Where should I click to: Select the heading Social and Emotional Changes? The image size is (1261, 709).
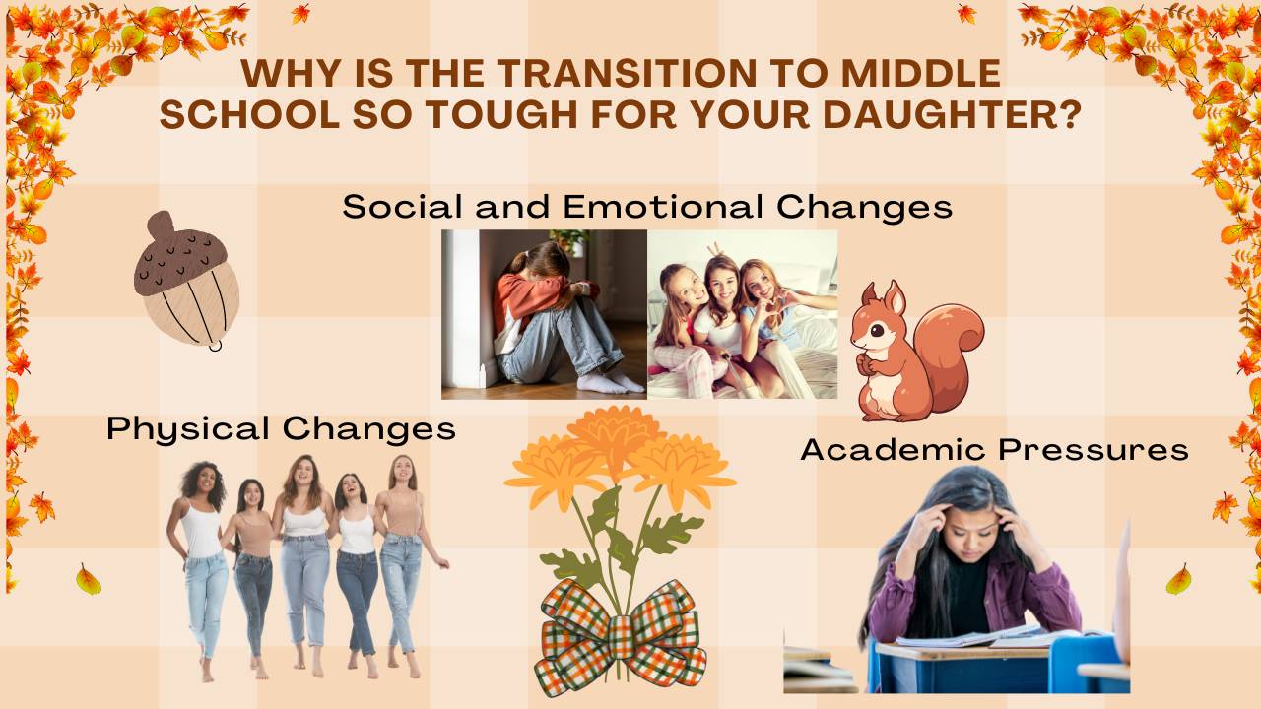(x=647, y=207)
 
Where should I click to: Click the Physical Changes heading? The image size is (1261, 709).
(x=281, y=428)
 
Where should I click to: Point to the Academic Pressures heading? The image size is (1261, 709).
(x=994, y=449)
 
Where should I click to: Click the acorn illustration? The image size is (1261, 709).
(x=186, y=281)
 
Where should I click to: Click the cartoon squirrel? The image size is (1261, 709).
(x=911, y=350)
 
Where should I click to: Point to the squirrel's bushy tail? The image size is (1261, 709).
(x=951, y=335)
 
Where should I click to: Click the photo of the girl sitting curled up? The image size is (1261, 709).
(x=544, y=314)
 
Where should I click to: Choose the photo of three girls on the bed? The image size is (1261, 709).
(x=742, y=314)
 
